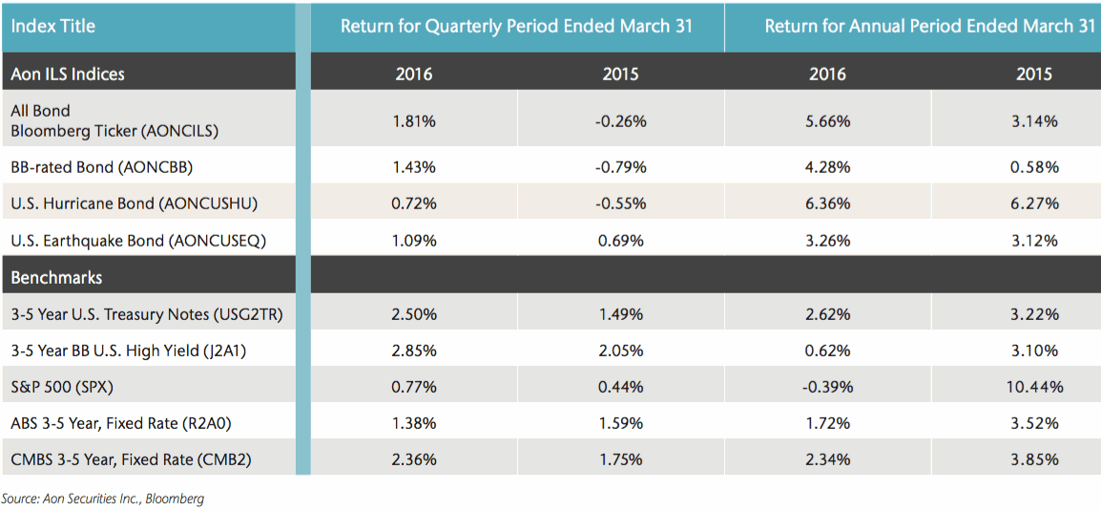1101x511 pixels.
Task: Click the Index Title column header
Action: tap(53, 26)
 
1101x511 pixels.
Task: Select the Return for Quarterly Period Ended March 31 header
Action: tap(516, 26)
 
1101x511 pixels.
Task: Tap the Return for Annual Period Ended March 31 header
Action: tap(929, 26)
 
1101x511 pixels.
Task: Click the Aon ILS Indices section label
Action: tap(68, 74)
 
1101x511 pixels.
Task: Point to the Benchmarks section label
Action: tap(56, 278)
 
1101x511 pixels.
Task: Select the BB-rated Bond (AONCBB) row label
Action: tap(102, 166)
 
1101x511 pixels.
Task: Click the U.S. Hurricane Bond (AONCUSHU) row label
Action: tap(135, 203)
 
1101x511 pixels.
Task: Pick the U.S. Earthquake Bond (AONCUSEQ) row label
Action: tap(137, 241)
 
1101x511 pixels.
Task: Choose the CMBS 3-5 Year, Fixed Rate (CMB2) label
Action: tap(131, 459)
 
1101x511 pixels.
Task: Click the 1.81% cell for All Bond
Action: tap(414, 121)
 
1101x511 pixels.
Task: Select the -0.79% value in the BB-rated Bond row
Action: tap(621, 166)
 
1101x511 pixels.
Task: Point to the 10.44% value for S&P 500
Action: tap(1034, 387)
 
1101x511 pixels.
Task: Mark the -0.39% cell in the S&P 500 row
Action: tap(827, 387)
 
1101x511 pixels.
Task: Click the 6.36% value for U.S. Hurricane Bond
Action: tap(827, 203)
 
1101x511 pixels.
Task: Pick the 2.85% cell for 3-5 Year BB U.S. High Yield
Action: tap(414, 351)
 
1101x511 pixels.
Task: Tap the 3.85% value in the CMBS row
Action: tap(1034, 459)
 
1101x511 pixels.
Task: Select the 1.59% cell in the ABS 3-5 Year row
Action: tap(621, 423)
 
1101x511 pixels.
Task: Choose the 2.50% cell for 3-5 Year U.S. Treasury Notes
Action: tap(414, 314)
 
